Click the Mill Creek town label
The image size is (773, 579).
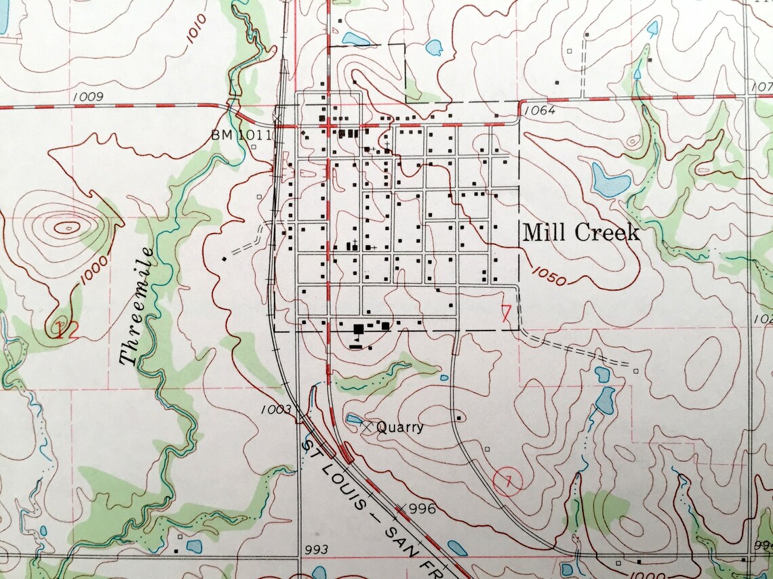pyautogui.click(x=581, y=234)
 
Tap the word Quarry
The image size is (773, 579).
pyautogui.click(x=399, y=427)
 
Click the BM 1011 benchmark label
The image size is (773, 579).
pyautogui.click(x=241, y=135)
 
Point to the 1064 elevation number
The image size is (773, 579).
pyautogui.click(x=539, y=110)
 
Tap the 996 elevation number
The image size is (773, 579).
pyautogui.click(x=422, y=509)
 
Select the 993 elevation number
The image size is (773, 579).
pyautogui.click(x=316, y=549)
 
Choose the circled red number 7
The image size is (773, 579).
pyautogui.click(x=508, y=481)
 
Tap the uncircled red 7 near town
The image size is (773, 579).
pyautogui.click(x=505, y=312)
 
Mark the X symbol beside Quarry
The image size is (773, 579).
pyautogui.click(x=367, y=427)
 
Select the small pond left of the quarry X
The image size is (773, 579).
pyautogui.click(x=353, y=420)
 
